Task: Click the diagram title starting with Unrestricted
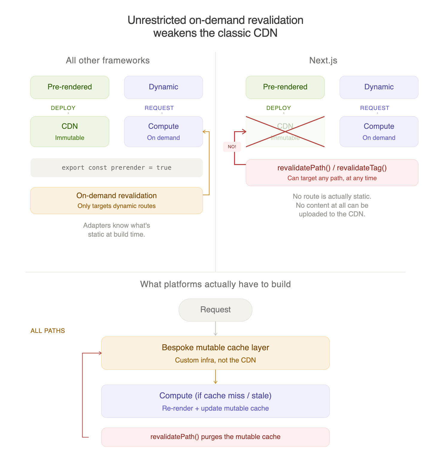tap(215, 26)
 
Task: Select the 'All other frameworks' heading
tap(108, 60)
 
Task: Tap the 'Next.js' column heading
tap(323, 60)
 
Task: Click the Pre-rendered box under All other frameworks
tap(70, 87)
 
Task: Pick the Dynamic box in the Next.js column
tap(379, 87)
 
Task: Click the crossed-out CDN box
tap(285, 131)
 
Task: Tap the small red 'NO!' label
tap(232, 147)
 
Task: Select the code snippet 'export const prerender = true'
tap(116, 168)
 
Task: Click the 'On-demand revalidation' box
tap(116, 201)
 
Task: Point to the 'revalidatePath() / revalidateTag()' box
tap(332, 173)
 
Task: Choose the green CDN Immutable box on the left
tap(70, 131)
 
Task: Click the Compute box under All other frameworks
tap(163, 131)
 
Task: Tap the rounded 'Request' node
tap(215, 310)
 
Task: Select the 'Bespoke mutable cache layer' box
tap(215, 353)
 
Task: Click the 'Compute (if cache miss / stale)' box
tap(215, 401)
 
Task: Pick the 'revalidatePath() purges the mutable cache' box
tap(215, 437)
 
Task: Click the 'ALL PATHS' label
tap(48, 331)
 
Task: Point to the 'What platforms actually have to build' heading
tap(215, 284)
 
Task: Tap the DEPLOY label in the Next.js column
tap(278, 108)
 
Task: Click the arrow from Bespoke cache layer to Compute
tap(215, 377)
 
